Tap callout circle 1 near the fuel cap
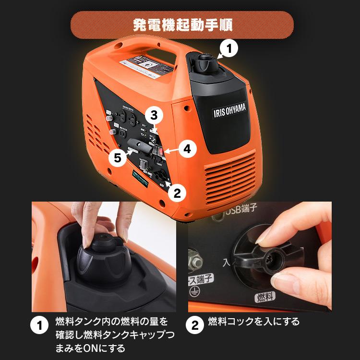coord(229,48)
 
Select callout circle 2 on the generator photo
coord(176,193)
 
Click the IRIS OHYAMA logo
coord(229,111)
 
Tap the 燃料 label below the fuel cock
coord(263,296)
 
